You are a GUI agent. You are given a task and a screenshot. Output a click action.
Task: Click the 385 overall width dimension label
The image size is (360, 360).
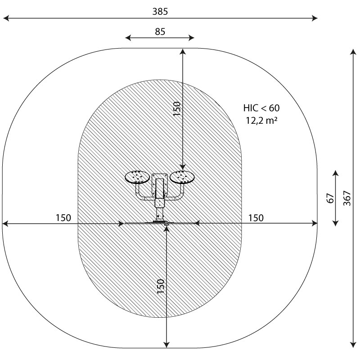pyautogui.click(x=160, y=12)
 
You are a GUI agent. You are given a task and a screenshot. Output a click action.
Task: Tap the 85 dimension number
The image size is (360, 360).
pyautogui.click(x=160, y=31)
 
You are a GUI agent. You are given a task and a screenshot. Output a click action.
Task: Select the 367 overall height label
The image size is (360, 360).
pyautogui.click(x=347, y=198)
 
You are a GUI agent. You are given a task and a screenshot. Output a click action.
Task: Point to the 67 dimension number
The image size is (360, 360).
pyautogui.click(x=330, y=198)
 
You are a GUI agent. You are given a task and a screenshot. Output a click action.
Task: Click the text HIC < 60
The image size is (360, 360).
pyautogui.click(x=261, y=108)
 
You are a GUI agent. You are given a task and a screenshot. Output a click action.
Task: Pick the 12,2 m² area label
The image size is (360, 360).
pyautogui.click(x=262, y=120)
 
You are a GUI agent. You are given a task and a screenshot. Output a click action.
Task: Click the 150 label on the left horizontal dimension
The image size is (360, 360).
pyautogui.click(x=63, y=218)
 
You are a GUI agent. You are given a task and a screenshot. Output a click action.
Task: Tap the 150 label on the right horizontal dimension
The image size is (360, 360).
pyautogui.click(x=256, y=218)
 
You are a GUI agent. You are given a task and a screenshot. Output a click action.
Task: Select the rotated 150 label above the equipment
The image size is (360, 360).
pyautogui.click(x=177, y=109)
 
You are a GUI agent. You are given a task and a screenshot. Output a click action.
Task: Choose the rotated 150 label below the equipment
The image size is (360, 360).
pyautogui.click(x=161, y=286)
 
